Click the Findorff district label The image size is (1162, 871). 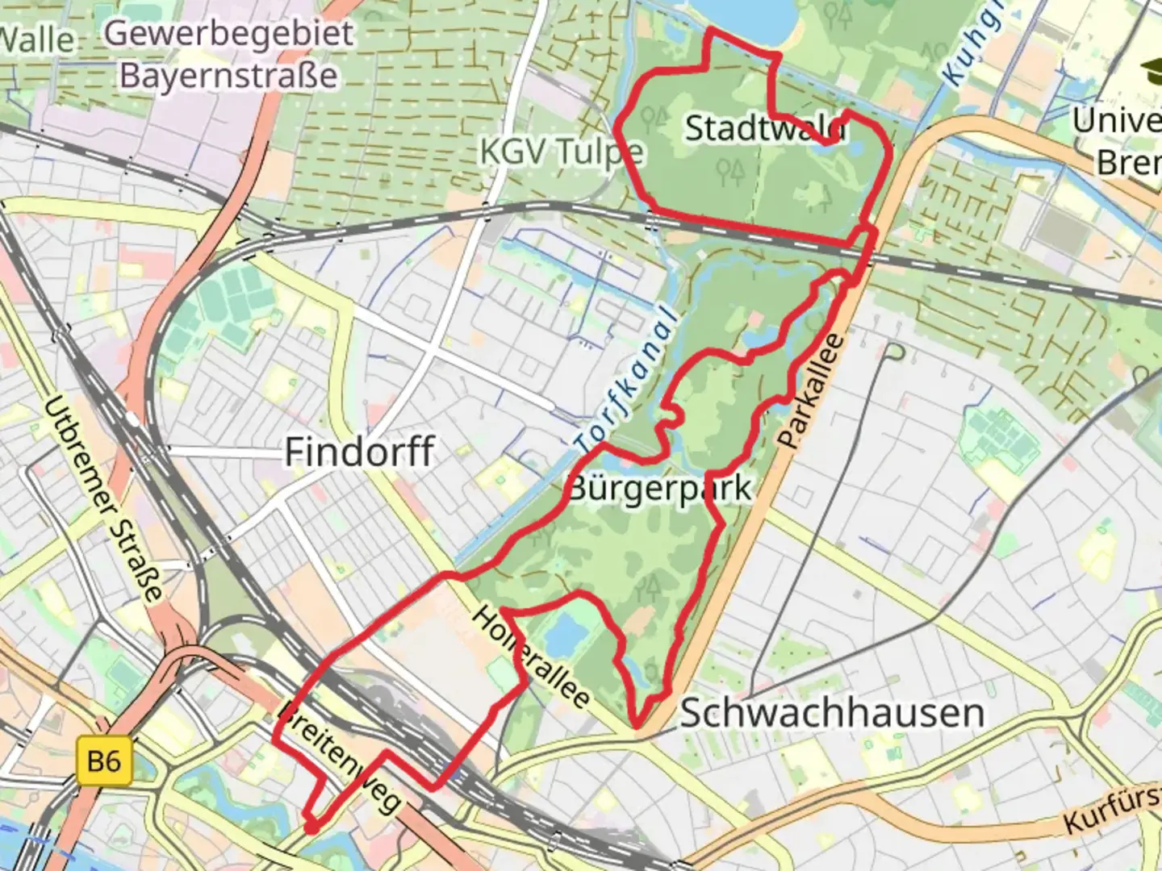(x=360, y=452)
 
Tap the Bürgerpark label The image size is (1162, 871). (x=660, y=488)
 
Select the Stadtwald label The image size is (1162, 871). (x=763, y=128)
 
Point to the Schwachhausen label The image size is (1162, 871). (x=832, y=713)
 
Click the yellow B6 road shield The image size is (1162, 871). (x=104, y=761)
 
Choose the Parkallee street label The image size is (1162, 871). (x=812, y=392)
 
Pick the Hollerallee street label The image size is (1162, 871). (x=530, y=656)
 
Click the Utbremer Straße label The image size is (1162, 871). (x=102, y=500)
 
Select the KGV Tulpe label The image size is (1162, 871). (x=562, y=151)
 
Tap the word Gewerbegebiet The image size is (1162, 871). (x=229, y=34)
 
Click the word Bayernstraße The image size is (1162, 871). (x=229, y=75)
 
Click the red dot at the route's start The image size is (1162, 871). (x=309, y=827)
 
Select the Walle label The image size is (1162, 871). (x=37, y=39)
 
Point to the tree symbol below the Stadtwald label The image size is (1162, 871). (x=731, y=172)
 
